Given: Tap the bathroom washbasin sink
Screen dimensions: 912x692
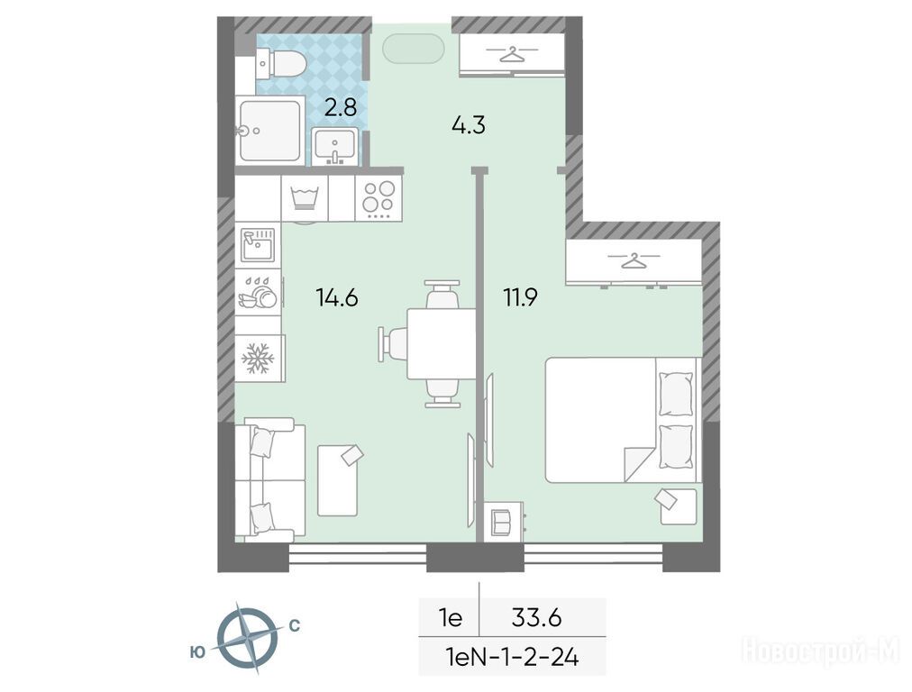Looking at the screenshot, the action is (334, 147).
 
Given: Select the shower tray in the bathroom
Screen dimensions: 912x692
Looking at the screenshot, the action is (270, 131).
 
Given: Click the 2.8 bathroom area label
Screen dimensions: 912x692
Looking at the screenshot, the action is (341, 107).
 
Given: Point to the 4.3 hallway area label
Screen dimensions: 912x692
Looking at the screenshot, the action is (469, 124).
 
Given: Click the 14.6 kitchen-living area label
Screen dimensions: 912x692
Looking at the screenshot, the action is (337, 297).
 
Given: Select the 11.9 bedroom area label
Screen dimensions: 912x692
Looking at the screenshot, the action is (521, 297).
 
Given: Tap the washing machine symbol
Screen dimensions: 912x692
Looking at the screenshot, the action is (305, 198).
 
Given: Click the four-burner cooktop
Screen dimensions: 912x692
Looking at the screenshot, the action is (378, 198).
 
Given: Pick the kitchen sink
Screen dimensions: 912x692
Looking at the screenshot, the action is (259, 245).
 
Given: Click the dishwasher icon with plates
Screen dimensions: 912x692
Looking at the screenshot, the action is (259, 292).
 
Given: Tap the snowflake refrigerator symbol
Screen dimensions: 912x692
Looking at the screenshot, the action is (258, 359).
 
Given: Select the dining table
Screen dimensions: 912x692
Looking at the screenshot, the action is (442, 343).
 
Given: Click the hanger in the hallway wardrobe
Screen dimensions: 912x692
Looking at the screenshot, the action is (513, 54).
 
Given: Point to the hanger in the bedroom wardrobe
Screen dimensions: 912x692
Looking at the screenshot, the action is (634, 259).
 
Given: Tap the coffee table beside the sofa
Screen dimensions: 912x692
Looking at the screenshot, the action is (337, 480).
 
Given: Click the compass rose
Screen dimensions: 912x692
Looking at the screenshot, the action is (247, 638).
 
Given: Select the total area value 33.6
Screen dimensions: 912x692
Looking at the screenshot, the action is (536, 617).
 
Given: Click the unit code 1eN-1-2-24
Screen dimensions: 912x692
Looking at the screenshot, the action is (512, 658).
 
